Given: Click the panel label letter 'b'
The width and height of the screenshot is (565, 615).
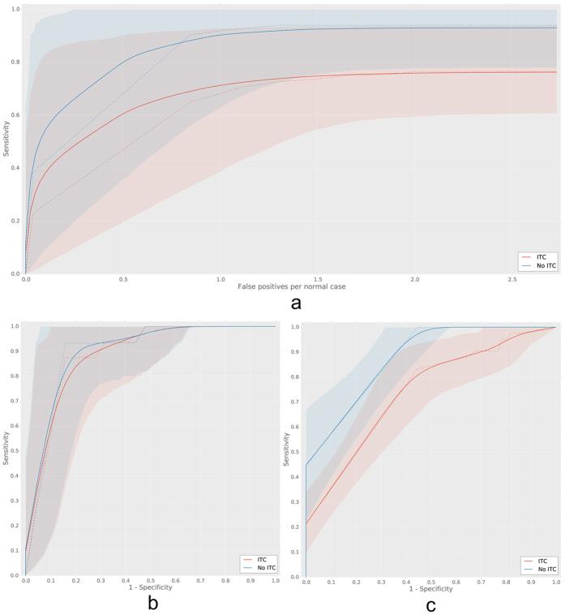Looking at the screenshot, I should click(146, 603).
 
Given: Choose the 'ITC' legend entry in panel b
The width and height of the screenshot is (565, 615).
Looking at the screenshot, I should click(258, 559).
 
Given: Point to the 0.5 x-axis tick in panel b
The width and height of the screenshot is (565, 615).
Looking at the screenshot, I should click(150, 581).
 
